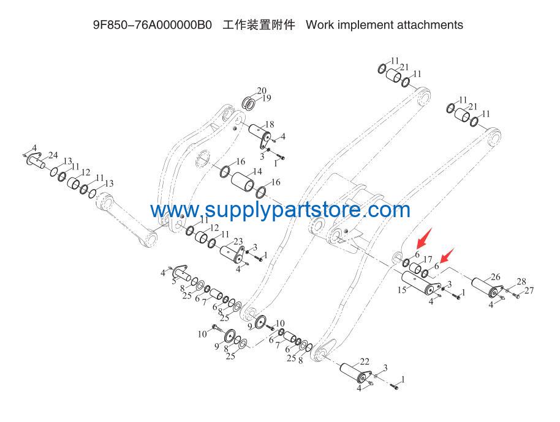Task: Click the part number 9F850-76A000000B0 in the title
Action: coord(153,25)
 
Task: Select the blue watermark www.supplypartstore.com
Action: coord(281,210)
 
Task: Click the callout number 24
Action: coord(53,155)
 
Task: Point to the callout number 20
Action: coord(262,91)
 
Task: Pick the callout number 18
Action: coord(270,124)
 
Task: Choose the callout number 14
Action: coord(257,171)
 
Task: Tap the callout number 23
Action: coord(238,242)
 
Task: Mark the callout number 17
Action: coord(428,259)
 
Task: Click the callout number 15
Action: coord(402,290)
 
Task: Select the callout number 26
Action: coord(495,277)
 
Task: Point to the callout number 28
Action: coord(521,281)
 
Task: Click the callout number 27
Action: coord(529,291)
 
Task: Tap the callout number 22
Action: coord(365,362)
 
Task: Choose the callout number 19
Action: coord(267,98)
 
